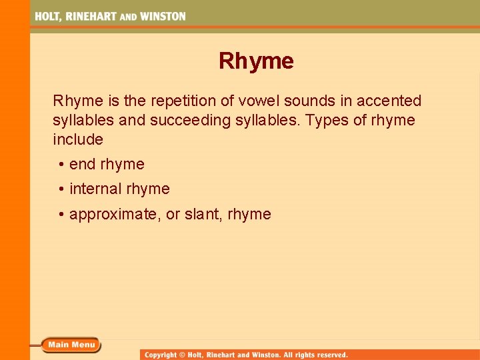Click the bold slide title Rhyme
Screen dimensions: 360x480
[x=256, y=61]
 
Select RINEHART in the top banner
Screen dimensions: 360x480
[x=91, y=17]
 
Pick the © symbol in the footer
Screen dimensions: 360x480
[x=187, y=355]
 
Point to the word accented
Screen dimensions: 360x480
[x=389, y=101]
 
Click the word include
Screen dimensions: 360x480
[x=78, y=139]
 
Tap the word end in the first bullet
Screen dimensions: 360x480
[x=83, y=164]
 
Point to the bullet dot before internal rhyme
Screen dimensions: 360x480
[x=61, y=189]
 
